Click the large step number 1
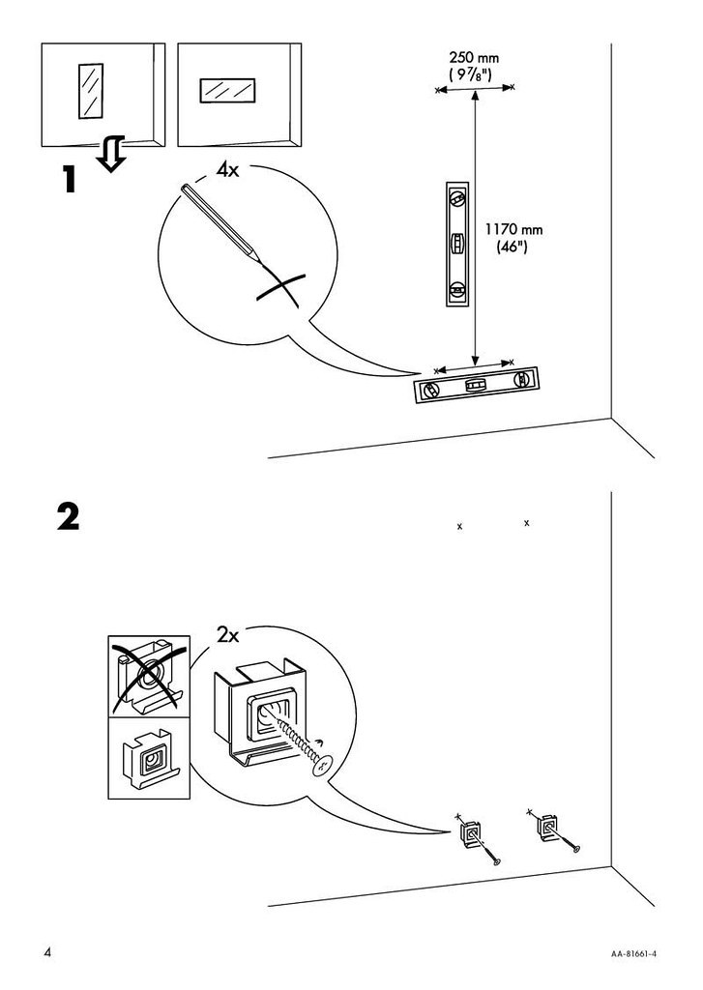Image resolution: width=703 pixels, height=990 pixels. click(x=70, y=179)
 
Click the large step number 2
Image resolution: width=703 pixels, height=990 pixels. click(x=69, y=516)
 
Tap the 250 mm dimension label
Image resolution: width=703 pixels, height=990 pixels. click(x=474, y=59)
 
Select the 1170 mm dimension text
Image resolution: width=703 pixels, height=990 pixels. click(x=513, y=229)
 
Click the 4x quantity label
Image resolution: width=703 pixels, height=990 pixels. click(x=227, y=169)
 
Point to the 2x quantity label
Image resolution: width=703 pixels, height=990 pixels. click(x=228, y=634)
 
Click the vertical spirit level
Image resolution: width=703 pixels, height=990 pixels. click(x=457, y=245)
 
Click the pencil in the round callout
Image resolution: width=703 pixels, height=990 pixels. click(x=220, y=223)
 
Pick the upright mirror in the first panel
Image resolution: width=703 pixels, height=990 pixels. click(x=90, y=90)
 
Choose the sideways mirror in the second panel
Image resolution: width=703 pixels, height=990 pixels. click(x=227, y=90)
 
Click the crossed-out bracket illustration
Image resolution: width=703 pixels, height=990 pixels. click(x=149, y=676)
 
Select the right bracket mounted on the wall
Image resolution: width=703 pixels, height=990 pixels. click(x=546, y=828)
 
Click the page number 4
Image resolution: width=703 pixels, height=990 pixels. click(x=46, y=952)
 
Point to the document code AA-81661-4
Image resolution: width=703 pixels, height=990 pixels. click(x=632, y=954)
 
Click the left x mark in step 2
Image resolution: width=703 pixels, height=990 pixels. click(x=460, y=526)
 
